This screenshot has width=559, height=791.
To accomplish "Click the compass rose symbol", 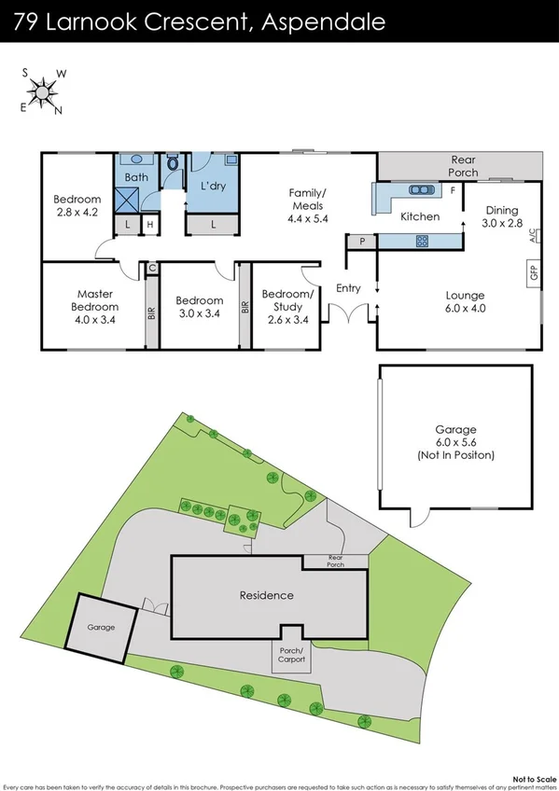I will point(41,90).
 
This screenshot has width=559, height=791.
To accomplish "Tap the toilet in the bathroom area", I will point(172,165).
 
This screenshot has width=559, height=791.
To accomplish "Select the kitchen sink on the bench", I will point(421,190).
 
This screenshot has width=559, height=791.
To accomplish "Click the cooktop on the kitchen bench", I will point(421,241).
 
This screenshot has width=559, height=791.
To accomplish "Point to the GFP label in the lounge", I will point(534,273).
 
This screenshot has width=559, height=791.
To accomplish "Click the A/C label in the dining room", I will point(533,234).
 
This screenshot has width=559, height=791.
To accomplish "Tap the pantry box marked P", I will point(360,242).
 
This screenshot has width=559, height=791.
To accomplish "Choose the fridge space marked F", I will point(453,191).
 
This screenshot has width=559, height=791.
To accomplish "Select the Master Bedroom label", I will point(97,300).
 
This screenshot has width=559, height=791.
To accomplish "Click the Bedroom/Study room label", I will point(288,300).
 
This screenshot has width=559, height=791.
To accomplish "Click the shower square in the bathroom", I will point(126,199).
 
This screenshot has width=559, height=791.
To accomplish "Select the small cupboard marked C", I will point(151,269).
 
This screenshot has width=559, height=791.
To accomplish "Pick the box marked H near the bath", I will point(149,225).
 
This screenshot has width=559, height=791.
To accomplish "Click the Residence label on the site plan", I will point(267,595).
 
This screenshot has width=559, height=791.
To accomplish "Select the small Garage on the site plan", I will point(101,627).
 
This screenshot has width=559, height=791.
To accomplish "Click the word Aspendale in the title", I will point(323,22).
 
